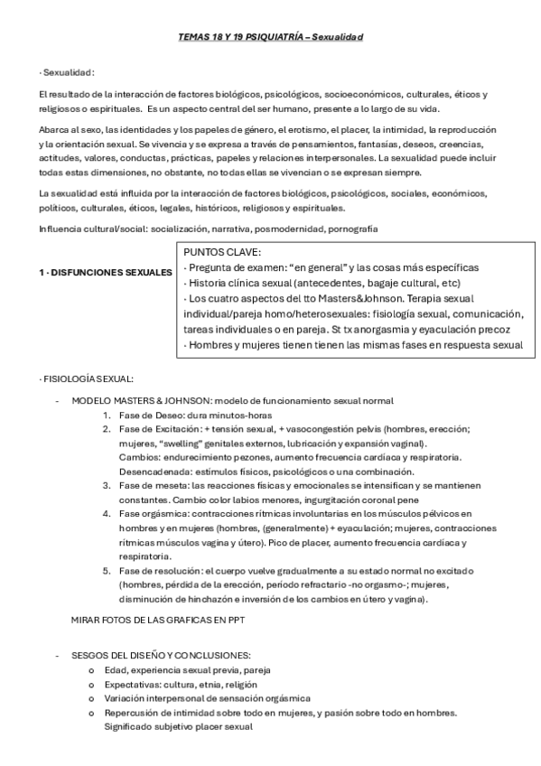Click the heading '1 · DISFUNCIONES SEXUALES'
coord(106,272)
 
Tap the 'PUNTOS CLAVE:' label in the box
coord(222,253)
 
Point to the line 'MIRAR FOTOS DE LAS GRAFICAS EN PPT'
coord(158,621)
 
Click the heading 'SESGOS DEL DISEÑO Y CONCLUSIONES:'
coord(162,655)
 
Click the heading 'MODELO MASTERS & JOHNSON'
coord(136,399)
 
